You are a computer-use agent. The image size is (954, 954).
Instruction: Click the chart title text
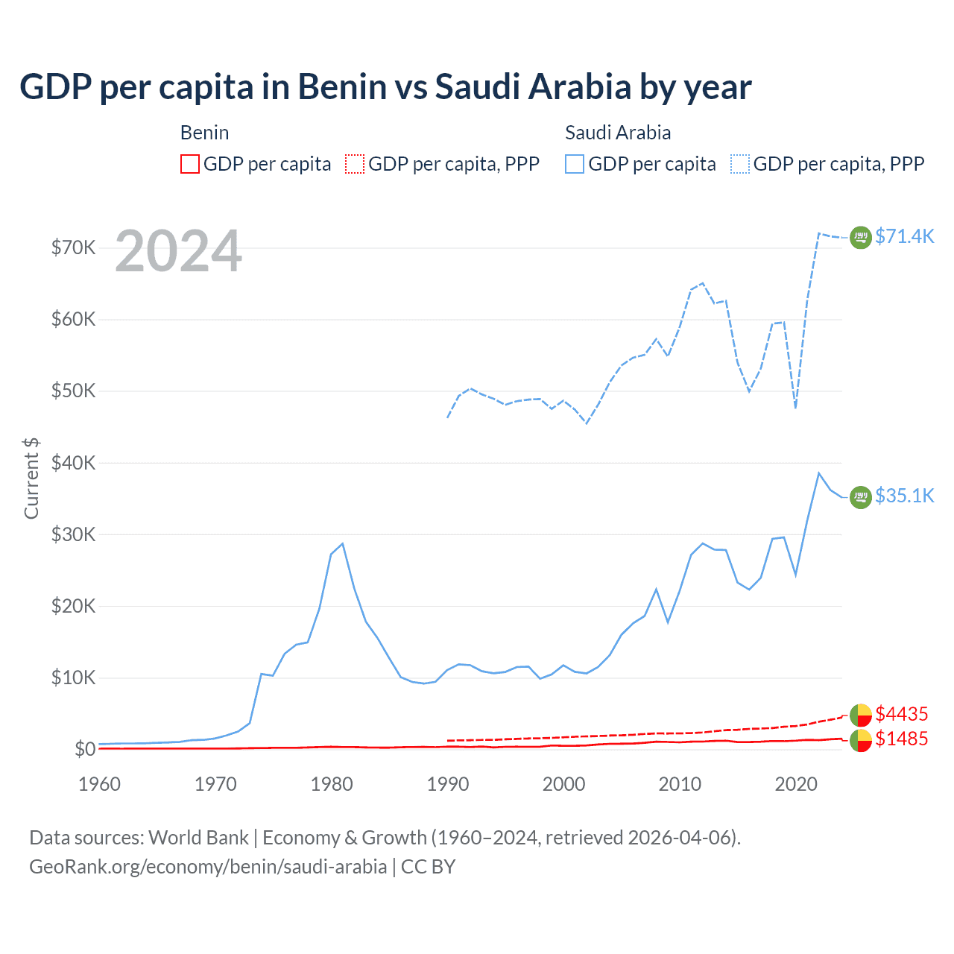tap(385, 87)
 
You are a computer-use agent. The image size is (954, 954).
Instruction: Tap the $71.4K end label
tap(904, 236)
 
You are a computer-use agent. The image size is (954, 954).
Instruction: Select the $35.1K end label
tap(904, 496)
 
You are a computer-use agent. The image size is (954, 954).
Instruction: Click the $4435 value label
tap(901, 714)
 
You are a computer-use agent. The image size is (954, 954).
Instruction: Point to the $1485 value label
tap(901, 739)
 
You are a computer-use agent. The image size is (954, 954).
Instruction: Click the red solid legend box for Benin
tap(190, 164)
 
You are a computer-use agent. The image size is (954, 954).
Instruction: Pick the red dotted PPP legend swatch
tap(355, 164)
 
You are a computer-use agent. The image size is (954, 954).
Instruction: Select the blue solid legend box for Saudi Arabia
tap(575, 164)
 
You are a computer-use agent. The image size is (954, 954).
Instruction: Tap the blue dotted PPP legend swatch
tap(740, 164)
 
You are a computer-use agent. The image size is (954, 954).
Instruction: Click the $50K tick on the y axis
tap(73, 391)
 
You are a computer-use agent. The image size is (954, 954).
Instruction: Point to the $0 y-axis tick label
tap(85, 749)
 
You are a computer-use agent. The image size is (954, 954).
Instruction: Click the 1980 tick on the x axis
tap(332, 784)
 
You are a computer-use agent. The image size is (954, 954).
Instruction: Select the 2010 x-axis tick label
tap(680, 784)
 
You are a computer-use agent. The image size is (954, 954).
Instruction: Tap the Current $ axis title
tap(31, 478)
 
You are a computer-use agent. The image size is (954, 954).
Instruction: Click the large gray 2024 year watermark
tap(178, 251)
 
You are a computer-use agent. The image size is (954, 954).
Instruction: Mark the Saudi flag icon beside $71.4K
tap(861, 237)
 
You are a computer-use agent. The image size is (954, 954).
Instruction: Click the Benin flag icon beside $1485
tap(861, 740)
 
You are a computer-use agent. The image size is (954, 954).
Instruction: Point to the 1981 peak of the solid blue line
tap(342, 543)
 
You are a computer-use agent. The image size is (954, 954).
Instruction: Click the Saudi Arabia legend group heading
tap(618, 133)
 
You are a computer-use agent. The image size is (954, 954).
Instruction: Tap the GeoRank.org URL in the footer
tap(208, 867)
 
